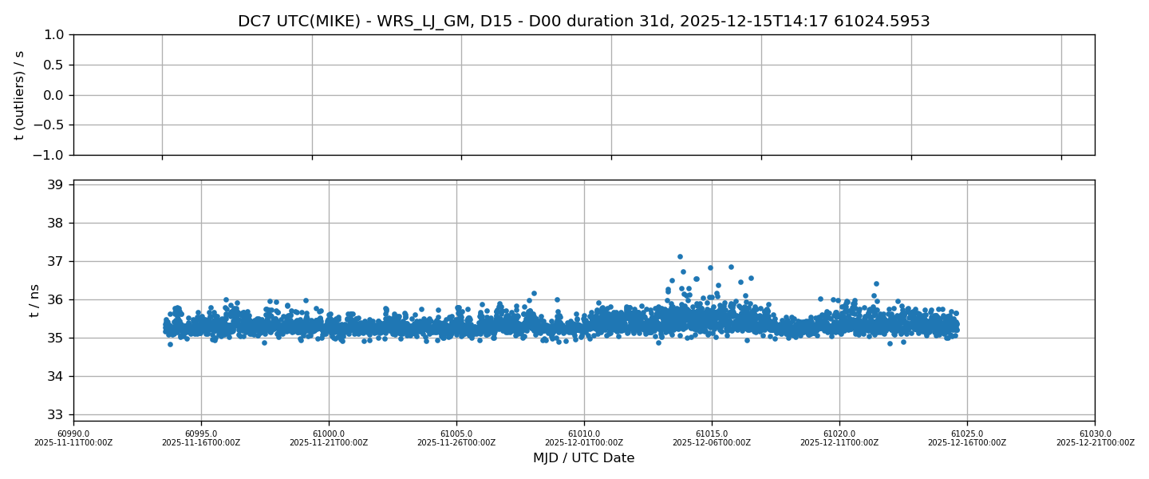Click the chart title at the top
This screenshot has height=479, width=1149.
pos(583,22)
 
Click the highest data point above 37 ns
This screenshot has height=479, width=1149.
pos(680,257)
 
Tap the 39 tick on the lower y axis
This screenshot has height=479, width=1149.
pos(55,185)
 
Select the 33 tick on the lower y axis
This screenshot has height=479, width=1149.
pos(55,415)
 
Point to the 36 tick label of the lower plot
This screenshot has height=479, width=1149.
pos(55,300)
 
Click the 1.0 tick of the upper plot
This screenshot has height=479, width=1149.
pos(53,35)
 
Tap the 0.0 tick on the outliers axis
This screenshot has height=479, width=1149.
pos(53,95)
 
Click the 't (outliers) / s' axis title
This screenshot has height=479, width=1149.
pos(20,95)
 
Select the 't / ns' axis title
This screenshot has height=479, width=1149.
pos(34,300)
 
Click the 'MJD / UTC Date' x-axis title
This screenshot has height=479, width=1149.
pos(583,458)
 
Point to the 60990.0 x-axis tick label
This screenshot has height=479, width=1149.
pos(73,433)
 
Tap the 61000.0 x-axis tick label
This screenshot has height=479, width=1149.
pos(329,433)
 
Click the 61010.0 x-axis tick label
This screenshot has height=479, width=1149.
pos(584,433)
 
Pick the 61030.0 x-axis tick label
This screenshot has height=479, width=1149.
pos(1095,433)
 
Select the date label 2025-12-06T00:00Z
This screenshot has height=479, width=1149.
pos(712,443)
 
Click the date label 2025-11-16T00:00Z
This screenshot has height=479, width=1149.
pos(201,443)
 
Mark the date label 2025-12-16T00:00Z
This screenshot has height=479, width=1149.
pos(967,443)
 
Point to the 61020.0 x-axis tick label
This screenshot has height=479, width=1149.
pos(839,433)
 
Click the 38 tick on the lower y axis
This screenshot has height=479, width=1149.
pos(55,224)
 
